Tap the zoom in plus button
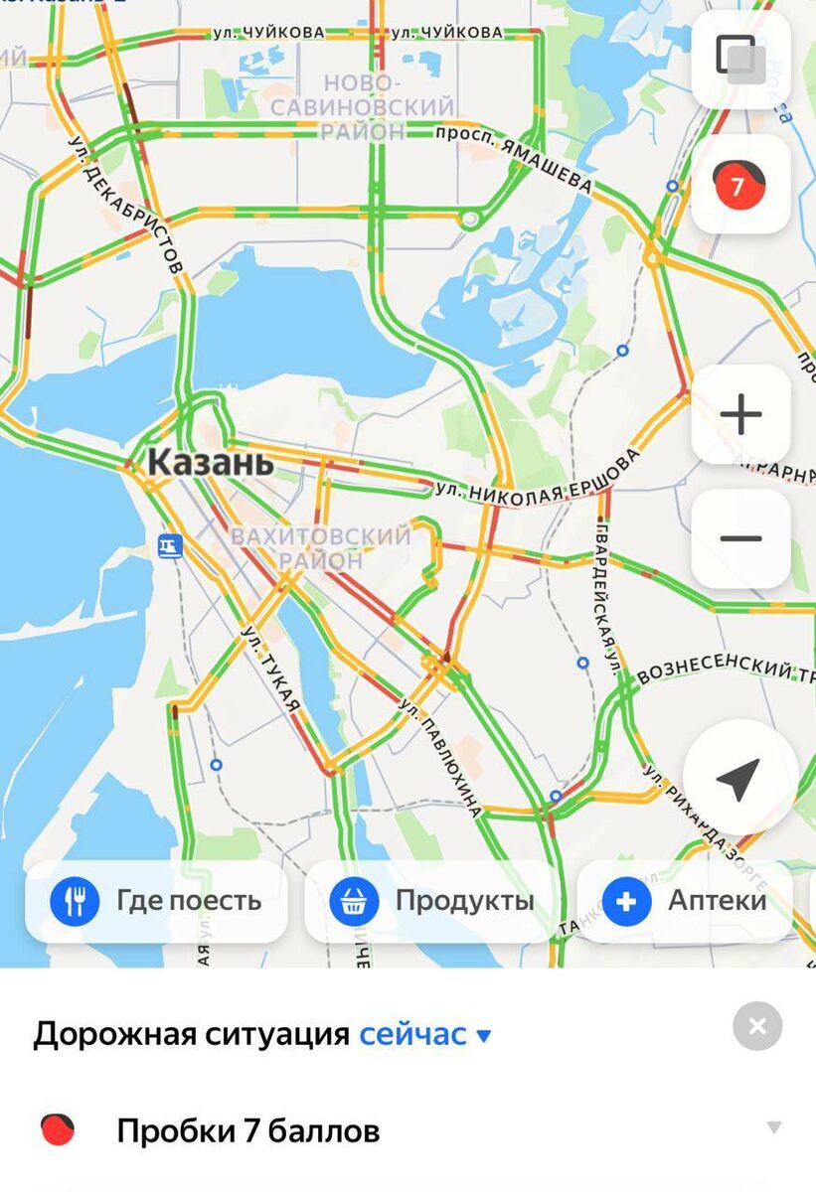point(740,414)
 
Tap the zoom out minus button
point(740,538)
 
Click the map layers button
point(740,60)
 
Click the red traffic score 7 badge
point(738,186)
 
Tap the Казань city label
point(210,462)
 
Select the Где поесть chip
point(156,901)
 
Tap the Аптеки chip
point(686,901)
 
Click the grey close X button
point(757,1026)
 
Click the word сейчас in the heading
point(412,1034)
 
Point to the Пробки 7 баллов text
point(247,1130)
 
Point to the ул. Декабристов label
point(126,205)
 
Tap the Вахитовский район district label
point(320,548)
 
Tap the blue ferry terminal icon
point(170,545)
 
